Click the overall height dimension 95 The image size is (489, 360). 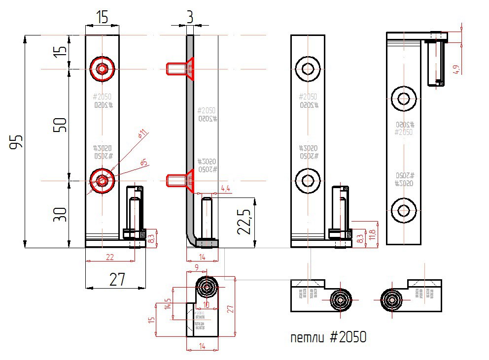tap(18, 141)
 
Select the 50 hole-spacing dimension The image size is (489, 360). tap(60, 125)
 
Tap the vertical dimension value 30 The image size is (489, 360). tap(60, 214)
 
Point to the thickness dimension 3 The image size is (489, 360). tap(190, 17)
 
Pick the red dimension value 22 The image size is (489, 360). tap(109, 257)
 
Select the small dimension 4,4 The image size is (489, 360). tap(226, 189)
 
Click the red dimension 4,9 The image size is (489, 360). tap(457, 68)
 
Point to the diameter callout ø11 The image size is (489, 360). tap(142, 133)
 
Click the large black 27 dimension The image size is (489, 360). tap(116, 280)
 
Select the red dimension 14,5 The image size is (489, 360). tap(168, 304)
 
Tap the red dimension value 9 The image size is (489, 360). tap(197, 267)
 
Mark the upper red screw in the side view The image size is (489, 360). tap(180, 68)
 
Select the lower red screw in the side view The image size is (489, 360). tap(180, 180)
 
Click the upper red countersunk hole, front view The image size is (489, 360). tap(102, 69)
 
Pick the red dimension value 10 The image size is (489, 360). tap(206, 305)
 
